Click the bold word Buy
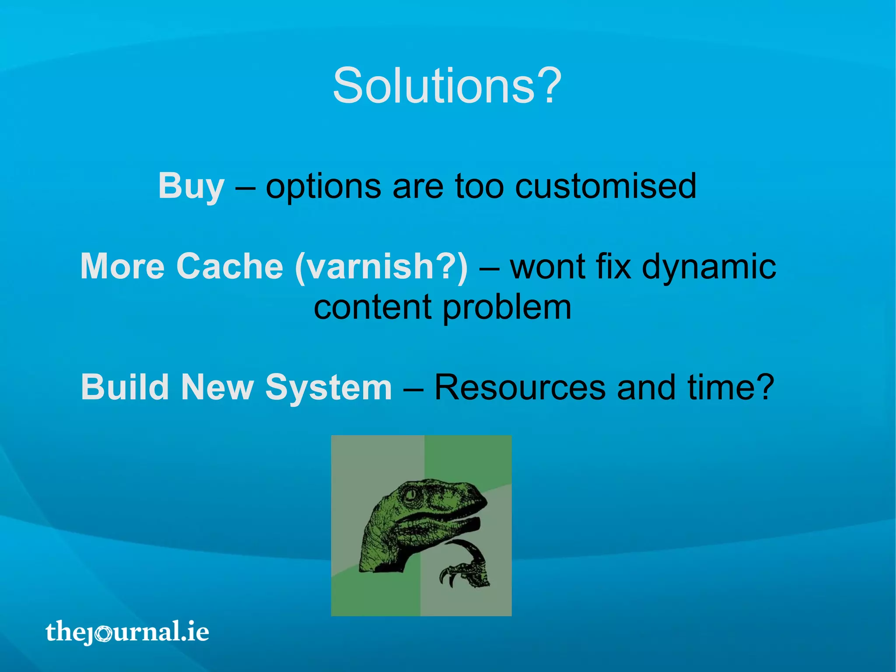191,186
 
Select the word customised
605,186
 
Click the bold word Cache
230,266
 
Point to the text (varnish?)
381,267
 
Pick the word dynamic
709,267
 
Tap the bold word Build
125,387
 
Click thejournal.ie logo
127,632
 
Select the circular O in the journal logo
104,633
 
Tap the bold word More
122,266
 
